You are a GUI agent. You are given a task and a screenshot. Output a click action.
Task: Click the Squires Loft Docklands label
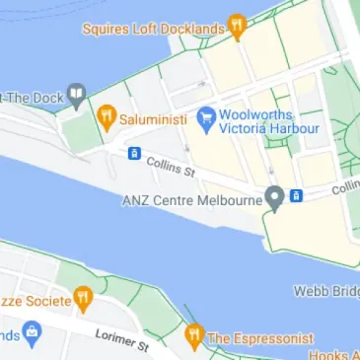153,30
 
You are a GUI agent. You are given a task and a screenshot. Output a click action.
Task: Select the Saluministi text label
151,119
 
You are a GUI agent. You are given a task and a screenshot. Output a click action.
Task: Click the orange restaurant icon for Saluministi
107,119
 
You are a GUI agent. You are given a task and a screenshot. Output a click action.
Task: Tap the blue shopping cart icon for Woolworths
206,119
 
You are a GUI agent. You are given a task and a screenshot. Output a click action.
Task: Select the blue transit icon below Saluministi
133,153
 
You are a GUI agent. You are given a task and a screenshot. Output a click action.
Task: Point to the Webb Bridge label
326,291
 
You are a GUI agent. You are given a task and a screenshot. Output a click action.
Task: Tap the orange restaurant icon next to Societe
84,298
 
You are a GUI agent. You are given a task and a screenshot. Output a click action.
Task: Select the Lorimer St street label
122,339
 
